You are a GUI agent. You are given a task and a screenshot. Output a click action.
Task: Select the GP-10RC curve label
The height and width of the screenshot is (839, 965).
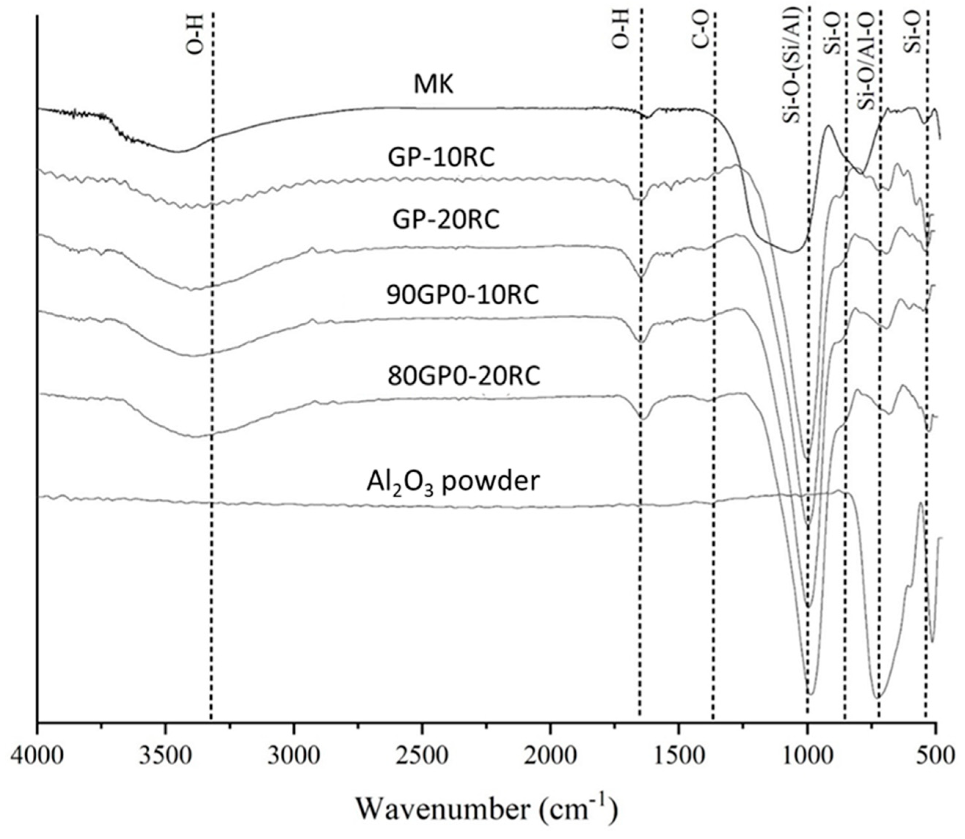click(441, 158)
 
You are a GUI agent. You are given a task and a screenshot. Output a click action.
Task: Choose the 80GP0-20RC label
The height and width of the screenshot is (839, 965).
click(464, 375)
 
